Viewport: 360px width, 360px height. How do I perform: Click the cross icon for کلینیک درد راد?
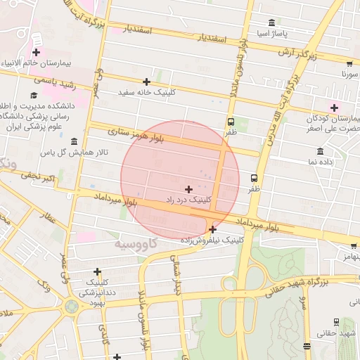point(188,189)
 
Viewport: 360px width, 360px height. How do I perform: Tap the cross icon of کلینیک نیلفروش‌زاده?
point(213,229)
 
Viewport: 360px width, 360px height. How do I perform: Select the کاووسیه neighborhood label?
point(137,243)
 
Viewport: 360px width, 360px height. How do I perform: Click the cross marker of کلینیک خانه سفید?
point(146,82)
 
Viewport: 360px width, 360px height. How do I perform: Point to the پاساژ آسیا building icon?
point(272,23)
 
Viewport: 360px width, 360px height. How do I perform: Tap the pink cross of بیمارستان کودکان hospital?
point(334,108)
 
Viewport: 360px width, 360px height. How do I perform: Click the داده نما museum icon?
point(321,151)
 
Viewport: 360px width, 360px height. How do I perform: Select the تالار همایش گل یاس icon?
point(74,141)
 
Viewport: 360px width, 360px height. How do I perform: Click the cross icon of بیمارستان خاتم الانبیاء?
point(36,52)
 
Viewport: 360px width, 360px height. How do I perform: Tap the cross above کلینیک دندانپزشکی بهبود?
point(97,271)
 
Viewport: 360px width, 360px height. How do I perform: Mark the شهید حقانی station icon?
point(336,321)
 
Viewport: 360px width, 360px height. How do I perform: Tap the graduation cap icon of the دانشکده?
point(34,95)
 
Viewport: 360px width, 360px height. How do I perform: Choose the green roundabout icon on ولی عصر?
point(72,306)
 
